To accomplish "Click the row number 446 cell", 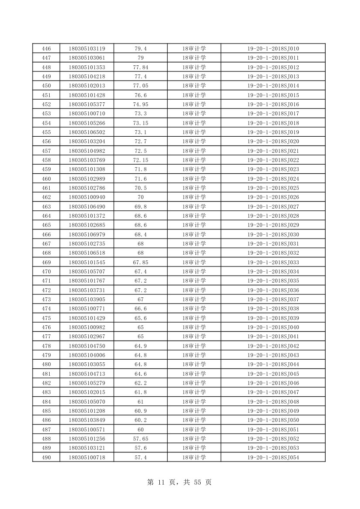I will (46, 49).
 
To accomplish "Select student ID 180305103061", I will (87, 58).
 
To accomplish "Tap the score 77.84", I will (140, 67).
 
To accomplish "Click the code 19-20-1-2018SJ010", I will (273, 49).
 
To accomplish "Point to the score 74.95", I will (140, 104).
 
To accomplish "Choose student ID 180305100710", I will (87, 114).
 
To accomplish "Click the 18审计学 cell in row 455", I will (194, 132).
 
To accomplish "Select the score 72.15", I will (140, 160).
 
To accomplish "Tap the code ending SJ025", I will (273, 188).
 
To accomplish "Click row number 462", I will (46, 197).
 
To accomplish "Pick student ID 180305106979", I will (87, 235).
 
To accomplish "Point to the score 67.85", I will (140, 263).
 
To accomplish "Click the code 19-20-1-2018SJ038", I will (273, 309).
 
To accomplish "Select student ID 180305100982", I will (87, 327).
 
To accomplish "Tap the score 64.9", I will (140, 346).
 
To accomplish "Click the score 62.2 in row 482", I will (140, 383).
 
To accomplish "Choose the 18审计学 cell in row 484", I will (194, 402).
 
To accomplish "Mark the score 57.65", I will (140, 439).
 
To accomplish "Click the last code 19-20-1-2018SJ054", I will (273, 457).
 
